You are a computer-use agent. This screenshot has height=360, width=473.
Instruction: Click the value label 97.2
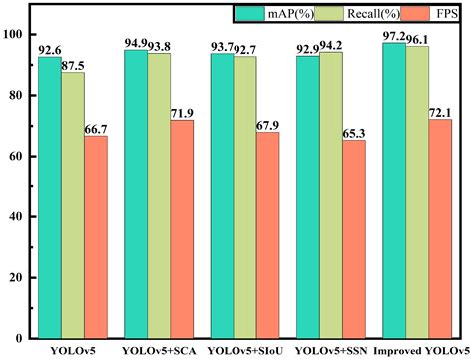pos(393,34)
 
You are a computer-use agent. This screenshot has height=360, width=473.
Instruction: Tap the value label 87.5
pos(73,63)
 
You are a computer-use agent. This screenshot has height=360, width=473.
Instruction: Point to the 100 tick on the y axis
pos(14,34)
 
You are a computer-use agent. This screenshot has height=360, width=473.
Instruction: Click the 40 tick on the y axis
pos(17,216)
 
